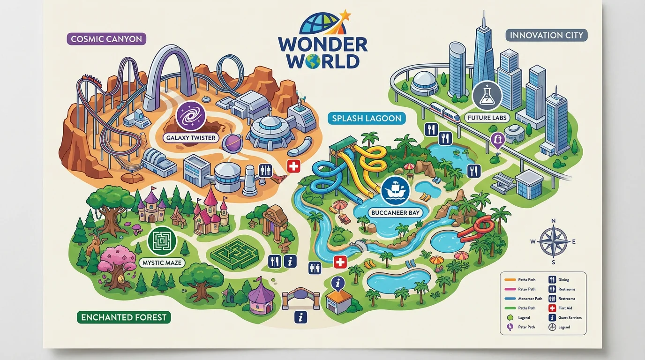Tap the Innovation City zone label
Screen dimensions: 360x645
coord(547,35)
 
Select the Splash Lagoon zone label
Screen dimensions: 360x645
coord(367,119)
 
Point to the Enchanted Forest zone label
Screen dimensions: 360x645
coord(124,317)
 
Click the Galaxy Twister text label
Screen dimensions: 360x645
coord(191,138)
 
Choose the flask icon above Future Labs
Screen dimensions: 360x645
coord(487,96)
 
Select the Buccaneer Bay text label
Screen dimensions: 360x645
coord(396,212)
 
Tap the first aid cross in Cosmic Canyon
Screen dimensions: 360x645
coord(293,166)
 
